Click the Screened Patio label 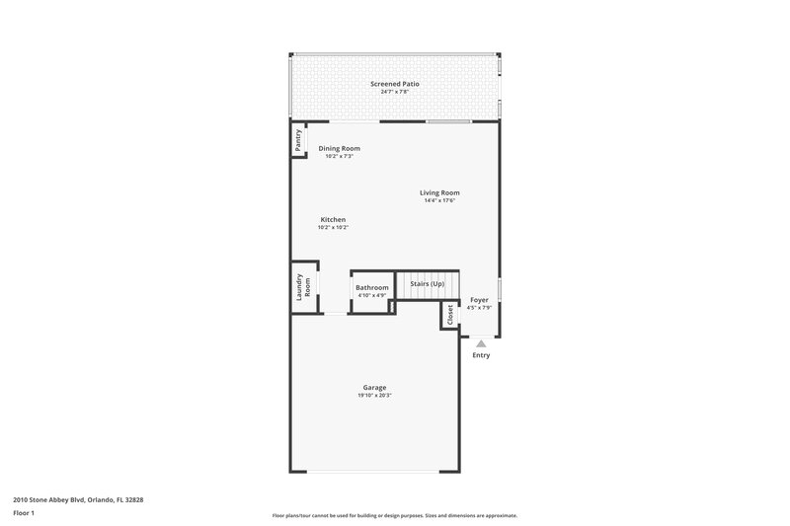click(x=395, y=84)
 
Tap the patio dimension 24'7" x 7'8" click(x=395, y=93)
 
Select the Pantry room click(x=297, y=140)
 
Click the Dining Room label click(x=339, y=148)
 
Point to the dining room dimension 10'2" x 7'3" click(x=339, y=156)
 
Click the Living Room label click(x=439, y=192)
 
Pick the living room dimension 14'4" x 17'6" click(x=439, y=200)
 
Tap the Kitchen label click(x=333, y=219)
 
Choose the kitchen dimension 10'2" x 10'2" click(x=333, y=227)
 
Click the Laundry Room click(x=303, y=286)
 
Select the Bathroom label click(x=372, y=287)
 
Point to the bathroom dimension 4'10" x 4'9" click(x=372, y=295)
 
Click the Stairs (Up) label click(x=428, y=284)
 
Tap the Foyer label click(x=479, y=299)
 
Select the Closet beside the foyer click(x=450, y=315)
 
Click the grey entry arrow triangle click(x=481, y=342)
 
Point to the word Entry click(x=481, y=355)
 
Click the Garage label click(x=374, y=387)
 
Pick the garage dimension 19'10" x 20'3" click(x=374, y=395)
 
